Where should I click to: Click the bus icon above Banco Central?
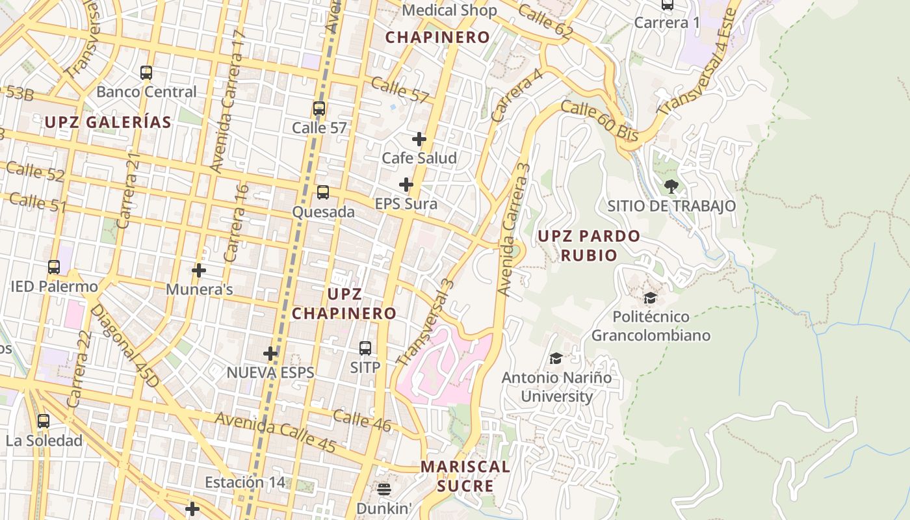tap(146, 73)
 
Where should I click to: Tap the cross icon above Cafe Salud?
tap(419, 139)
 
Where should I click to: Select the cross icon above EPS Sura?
tap(406, 185)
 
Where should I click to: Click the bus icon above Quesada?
tap(322, 192)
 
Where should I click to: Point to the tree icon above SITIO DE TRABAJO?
tap(671, 187)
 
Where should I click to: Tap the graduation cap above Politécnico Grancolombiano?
tap(650, 298)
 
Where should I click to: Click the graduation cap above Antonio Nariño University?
tap(556, 359)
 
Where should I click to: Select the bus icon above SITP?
tap(365, 348)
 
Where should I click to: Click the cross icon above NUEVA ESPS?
tap(270, 354)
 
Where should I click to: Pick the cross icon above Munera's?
tap(199, 270)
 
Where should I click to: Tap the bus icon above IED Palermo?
tap(54, 267)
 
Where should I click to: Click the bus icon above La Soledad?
tap(44, 421)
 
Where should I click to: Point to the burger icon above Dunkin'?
tap(384, 489)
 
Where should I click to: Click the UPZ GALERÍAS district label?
tap(108, 122)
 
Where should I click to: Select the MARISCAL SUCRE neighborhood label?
tap(465, 476)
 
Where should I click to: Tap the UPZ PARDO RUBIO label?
tap(589, 245)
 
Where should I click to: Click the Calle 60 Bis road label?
tap(599, 122)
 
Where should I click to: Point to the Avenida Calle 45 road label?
tap(276, 432)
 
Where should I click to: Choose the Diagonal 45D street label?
tap(124, 346)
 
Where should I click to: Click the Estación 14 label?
tap(244, 482)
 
